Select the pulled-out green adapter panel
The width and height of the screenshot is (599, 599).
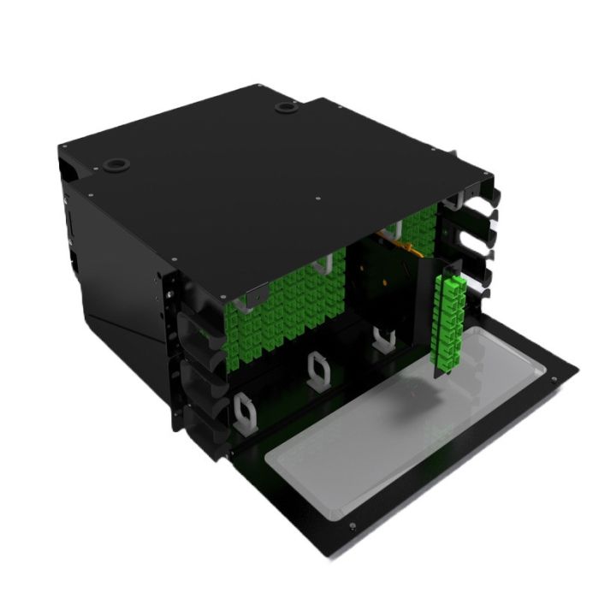tap(451, 325)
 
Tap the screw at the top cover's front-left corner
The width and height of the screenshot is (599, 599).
tap(174, 256)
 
